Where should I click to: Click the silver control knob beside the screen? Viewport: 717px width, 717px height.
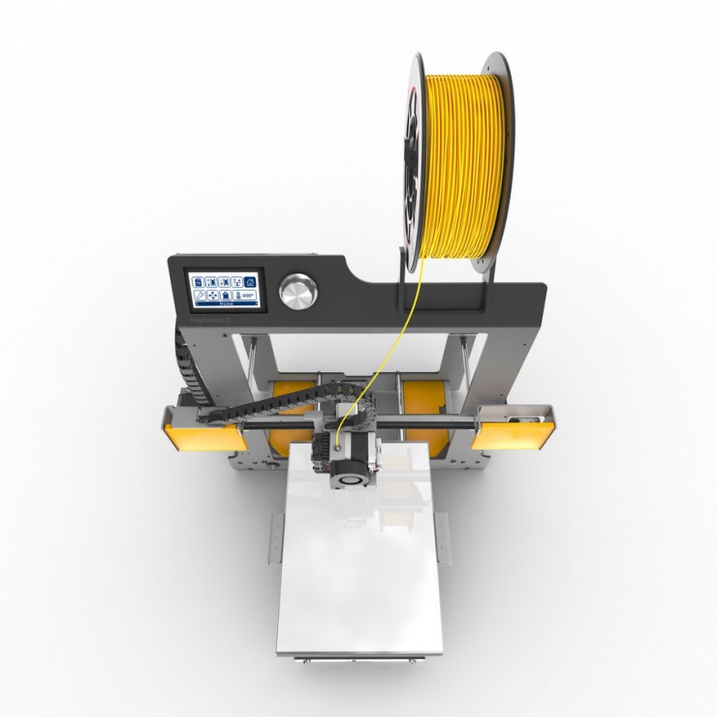coord(297,291)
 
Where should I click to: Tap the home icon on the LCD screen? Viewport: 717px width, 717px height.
coord(250,282)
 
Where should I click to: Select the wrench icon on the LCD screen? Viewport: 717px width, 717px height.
coord(200,296)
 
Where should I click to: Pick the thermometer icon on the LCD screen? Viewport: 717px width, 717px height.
coord(237,296)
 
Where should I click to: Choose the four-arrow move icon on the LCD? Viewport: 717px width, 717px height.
coord(212,296)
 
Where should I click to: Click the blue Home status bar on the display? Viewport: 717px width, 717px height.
coord(226,303)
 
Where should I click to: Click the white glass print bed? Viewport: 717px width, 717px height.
coord(358,572)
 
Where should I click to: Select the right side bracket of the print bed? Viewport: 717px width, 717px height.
coord(444,538)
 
